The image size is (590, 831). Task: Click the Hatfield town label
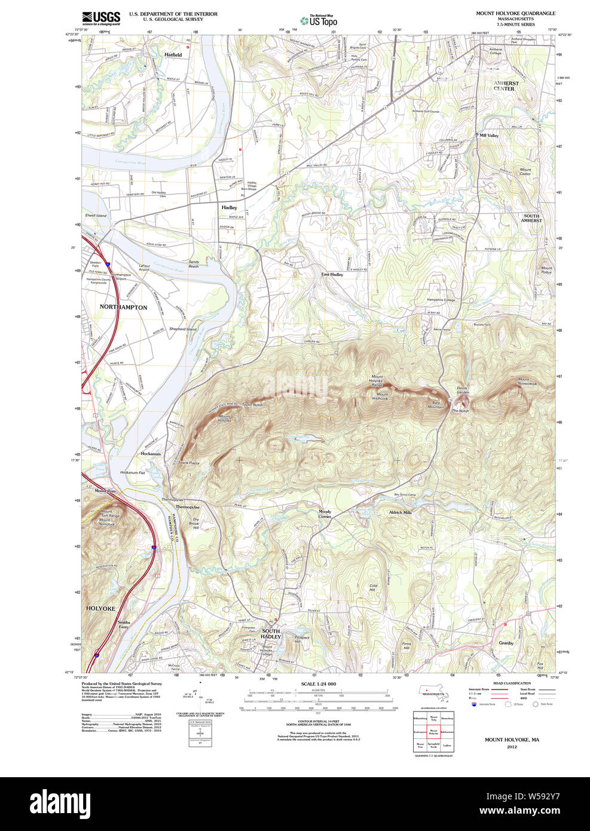(x=173, y=54)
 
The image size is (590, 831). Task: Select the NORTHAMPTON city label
(x=123, y=307)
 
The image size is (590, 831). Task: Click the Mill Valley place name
(x=488, y=136)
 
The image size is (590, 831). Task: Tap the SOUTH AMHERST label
(x=531, y=218)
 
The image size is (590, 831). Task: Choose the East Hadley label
(x=332, y=274)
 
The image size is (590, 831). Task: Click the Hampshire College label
(x=441, y=300)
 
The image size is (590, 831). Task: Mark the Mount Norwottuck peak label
(x=527, y=381)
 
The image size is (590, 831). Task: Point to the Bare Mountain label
(x=437, y=405)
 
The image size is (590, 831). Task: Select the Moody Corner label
(x=325, y=514)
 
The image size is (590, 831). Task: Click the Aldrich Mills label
(x=400, y=512)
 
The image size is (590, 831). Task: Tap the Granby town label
(x=506, y=643)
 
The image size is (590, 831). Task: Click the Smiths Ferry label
(x=123, y=625)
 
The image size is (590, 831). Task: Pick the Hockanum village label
(x=151, y=454)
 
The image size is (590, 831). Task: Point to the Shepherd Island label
(x=182, y=329)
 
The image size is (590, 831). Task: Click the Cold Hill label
(x=373, y=588)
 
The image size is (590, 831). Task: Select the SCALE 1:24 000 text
(x=318, y=684)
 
